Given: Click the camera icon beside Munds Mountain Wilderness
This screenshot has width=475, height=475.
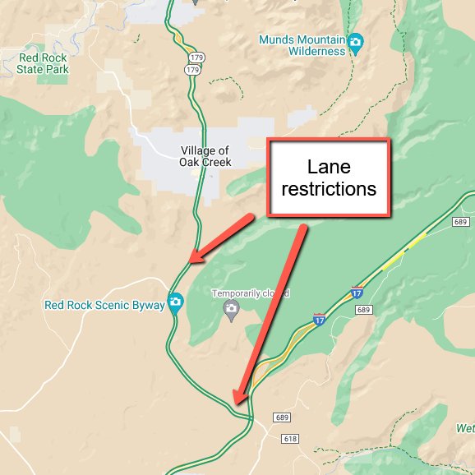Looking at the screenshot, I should (x=355, y=43).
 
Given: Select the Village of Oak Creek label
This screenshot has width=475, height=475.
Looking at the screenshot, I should (x=205, y=156).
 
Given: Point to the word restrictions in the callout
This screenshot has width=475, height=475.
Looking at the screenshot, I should (x=329, y=189).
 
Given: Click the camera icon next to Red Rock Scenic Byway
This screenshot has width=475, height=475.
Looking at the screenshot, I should (x=175, y=303).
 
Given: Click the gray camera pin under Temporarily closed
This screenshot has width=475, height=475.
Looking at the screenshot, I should (x=231, y=309).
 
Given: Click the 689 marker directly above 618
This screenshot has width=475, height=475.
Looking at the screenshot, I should (x=283, y=418).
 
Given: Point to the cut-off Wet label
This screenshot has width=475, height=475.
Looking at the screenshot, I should (x=466, y=428).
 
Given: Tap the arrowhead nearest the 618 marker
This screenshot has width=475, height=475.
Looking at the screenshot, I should (x=237, y=402).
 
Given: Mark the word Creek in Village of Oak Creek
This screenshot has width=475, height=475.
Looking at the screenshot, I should (x=215, y=162).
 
